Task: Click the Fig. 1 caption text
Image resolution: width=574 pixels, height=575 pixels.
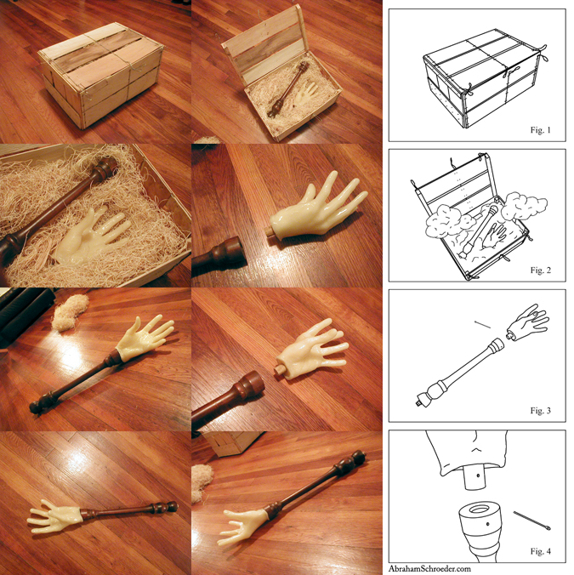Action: (x=540, y=130)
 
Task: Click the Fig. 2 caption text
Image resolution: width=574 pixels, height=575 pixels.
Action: (x=540, y=270)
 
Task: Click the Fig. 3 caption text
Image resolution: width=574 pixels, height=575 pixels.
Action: (x=540, y=411)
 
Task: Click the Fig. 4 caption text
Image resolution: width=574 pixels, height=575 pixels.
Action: (x=540, y=551)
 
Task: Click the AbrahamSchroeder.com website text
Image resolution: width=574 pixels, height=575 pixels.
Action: (x=429, y=569)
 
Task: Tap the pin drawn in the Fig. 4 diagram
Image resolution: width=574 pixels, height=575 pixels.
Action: (x=531, y=521)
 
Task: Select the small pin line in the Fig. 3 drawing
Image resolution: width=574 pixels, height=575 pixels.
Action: (x=482, y=325)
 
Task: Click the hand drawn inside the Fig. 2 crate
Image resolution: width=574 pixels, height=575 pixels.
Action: (x=494, y=235)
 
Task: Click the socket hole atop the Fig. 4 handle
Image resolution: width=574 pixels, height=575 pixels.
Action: (x=480, y=510)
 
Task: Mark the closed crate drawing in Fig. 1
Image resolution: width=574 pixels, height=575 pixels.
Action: (x=484, y=78)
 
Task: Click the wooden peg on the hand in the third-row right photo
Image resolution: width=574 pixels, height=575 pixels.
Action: (x=279, y=369)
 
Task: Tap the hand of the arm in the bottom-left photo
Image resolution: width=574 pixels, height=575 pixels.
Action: (x=54, y=516)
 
